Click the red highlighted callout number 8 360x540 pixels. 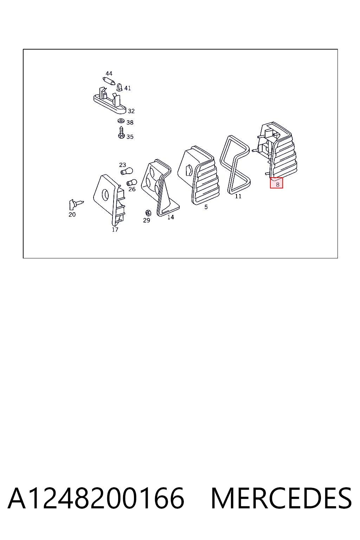(x=277, y=185)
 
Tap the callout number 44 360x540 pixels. (x=109, y=73)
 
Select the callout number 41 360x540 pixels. (x=128, y=88)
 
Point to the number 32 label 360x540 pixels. (x=131, y=111)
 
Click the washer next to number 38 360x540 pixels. (x=121, y=121)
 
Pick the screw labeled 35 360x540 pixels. (x=121, y=133)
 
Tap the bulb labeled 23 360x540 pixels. (x=127, y=172)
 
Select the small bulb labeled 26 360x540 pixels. (x=132, y=182)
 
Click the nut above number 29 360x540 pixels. (x=148, y=213)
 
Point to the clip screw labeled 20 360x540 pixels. (x=76, y=204)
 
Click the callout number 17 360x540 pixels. (x=115, y=230)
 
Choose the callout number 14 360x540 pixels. (x=171, y=218)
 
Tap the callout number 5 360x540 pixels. (x=206, y=207)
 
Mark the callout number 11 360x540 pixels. (x=238, y=197)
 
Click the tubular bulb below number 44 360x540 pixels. (x=109, y=81)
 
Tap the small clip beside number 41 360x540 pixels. (x=120, y=87)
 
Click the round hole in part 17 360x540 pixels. (x=105, y=195)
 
